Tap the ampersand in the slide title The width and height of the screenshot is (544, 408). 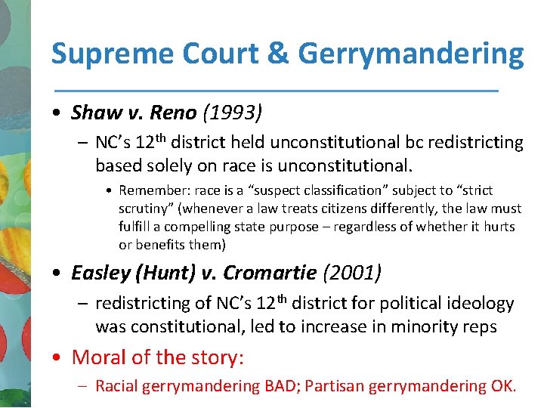(277, 54)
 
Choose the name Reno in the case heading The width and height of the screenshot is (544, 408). (173, 113)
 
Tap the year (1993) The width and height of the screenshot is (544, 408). (232, 113)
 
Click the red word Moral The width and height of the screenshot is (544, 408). (99, 357)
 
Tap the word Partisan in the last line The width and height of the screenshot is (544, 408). (335, 387)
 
